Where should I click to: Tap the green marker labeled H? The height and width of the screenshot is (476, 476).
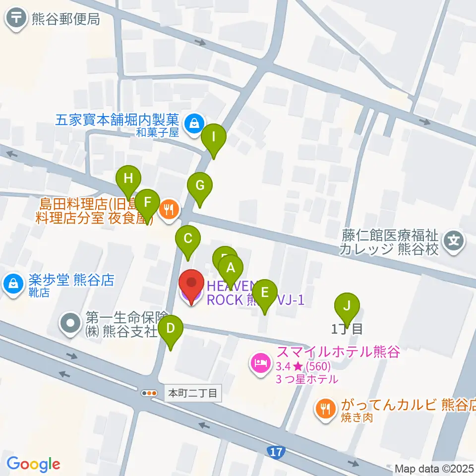tap(128, 179)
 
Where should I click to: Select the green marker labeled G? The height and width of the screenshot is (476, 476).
tap(200, 186)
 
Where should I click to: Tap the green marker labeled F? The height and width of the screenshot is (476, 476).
tap(147, 203)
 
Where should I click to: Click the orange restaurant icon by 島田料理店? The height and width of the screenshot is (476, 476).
tap(169, 210)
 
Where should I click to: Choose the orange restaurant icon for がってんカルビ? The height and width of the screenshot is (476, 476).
tap(326, 408)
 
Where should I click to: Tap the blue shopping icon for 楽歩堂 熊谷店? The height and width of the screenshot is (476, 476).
tap(12, 284)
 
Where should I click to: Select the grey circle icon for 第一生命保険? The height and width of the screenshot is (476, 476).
tap(70, 323)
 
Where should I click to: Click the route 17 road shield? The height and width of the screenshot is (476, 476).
tap(276, 452)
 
